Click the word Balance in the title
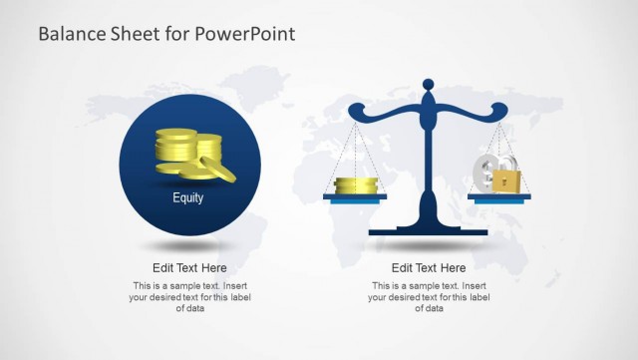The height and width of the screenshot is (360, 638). point(70,34)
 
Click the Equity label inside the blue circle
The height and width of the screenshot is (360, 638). point(187,197)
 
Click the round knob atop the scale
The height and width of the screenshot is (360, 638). point(429,84)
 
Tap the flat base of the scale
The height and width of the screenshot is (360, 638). point(428,231)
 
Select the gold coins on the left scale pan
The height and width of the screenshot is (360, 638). point(355,185)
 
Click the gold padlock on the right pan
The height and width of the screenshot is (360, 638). point(507,181)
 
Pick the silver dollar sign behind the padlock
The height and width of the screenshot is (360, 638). point(487,172)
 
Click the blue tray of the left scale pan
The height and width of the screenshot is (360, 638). point(355,197)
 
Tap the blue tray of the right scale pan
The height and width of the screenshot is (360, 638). point(499,197)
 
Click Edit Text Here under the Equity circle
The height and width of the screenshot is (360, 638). point(189,267)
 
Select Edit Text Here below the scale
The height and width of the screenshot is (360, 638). point(429,267)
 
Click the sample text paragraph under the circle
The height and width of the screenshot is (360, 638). point(189,297)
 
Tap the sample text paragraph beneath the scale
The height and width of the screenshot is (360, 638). point(429,297)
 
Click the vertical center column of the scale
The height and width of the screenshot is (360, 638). point(429,160)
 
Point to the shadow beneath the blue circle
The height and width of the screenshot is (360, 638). point(189,245)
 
